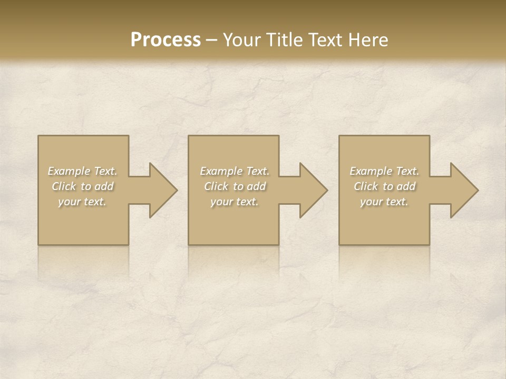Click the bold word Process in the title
pyautogui.click(x=166, y=40)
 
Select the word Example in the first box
pyautogui.click(x=69, y=171)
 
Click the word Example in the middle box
pyautogui.click(x=221, y=171)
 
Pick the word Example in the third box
pyautogui.click(x=371, y=171)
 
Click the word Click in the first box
pyautogui.click(x=63, y=186)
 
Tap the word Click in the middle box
pyautogui.click(x=216, y=186)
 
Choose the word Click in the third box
pyautogui.click(x=365, y=186)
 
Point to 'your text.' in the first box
pyautogui.click(x=82, y=202)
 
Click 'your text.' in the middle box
pyautogui.click(x=235, y=202)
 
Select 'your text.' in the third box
pyautogui.click(x=384, y=202)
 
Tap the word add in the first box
pyautogui.click(x=104, y=186)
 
